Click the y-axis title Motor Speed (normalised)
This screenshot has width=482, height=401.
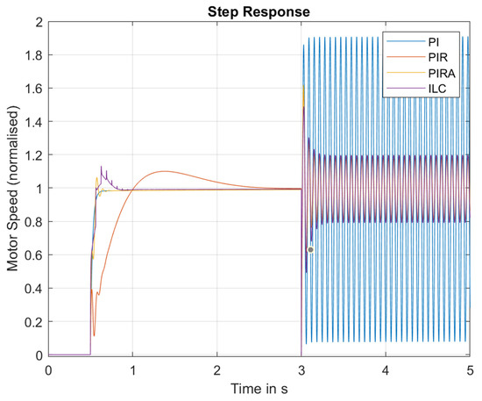13,188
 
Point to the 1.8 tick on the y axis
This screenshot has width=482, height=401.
36,54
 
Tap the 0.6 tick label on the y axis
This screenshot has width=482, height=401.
36,255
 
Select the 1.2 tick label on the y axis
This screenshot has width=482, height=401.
36,154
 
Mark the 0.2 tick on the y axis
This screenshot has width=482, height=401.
36,322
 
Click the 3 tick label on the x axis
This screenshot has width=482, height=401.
301,369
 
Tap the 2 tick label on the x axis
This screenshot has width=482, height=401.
217,369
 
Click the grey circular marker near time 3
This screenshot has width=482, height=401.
310,250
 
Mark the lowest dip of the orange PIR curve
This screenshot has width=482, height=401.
94,335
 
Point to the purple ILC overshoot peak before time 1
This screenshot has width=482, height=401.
101,166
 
